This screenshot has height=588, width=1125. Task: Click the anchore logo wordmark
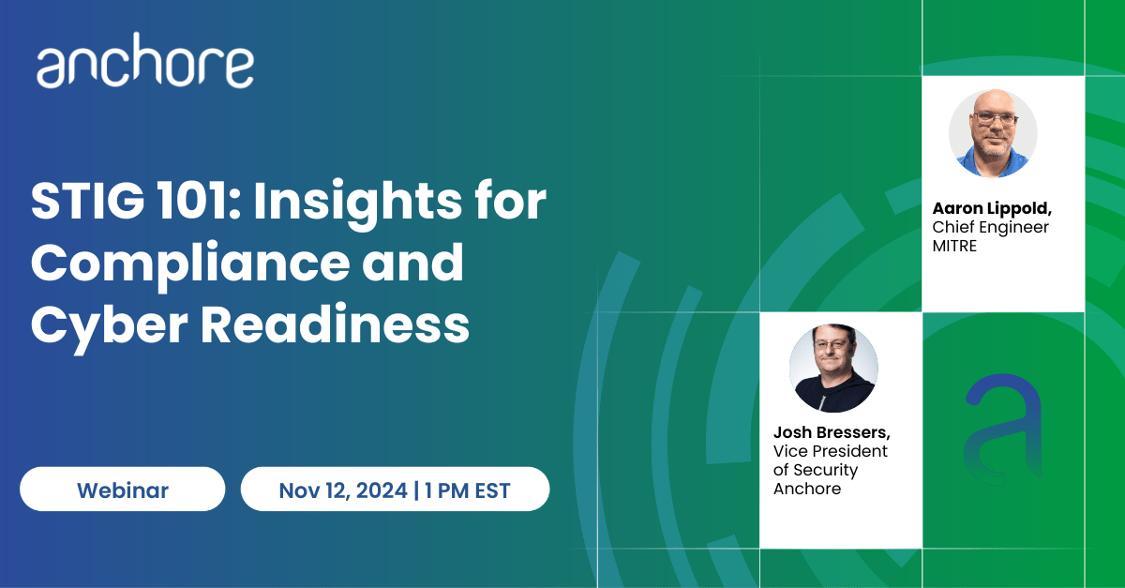coord(145,60)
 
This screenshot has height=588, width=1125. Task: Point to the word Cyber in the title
coord(110,326)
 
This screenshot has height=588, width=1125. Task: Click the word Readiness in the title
coord(336,324)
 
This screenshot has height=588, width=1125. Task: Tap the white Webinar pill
coord(123,489)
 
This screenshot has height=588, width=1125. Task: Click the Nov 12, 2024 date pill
coord(396,489)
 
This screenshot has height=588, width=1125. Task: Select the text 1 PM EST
coord(467,490)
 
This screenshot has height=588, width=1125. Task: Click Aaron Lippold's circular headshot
coord(993,133)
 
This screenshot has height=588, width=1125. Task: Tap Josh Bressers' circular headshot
coord(833,368)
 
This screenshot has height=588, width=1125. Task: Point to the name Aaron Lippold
coord(992,208)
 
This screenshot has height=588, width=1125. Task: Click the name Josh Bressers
coord(832,432)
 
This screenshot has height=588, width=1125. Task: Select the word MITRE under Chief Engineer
coord(954,247)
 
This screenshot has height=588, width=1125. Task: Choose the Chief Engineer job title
coord(990,228)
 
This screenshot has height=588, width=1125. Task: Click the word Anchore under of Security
coord(807,489)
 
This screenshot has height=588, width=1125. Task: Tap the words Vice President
coord(831,451)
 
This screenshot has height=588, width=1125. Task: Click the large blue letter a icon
coord(1003,430)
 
